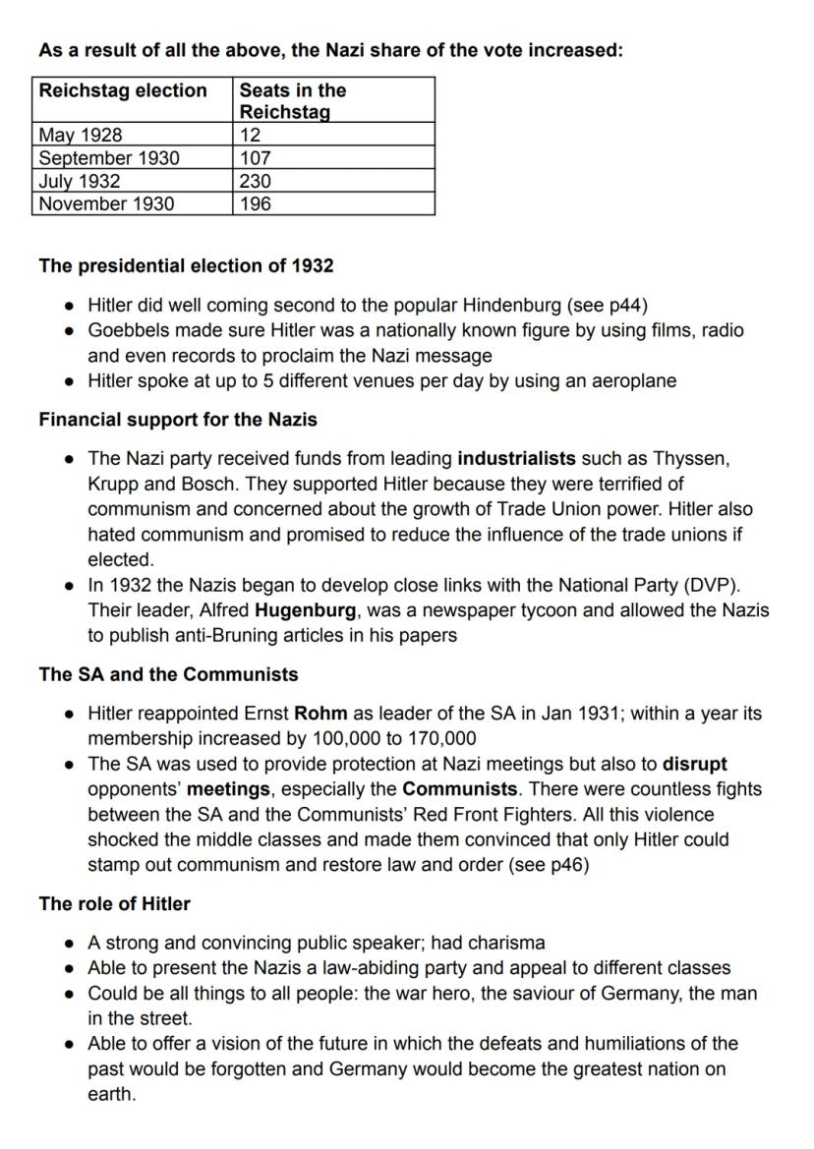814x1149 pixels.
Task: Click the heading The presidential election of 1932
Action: pos(186,265)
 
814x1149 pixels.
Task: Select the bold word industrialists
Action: pos(516,459)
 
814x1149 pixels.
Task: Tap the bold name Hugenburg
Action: pos(305,610)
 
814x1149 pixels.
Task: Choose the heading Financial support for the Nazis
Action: pos(178,420)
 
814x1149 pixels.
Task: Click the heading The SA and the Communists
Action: pos(168,674)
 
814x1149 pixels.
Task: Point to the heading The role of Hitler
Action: pos(114,903)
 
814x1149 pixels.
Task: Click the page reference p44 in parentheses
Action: pos(622,305)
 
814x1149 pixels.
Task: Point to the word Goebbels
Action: pos(129,330)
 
